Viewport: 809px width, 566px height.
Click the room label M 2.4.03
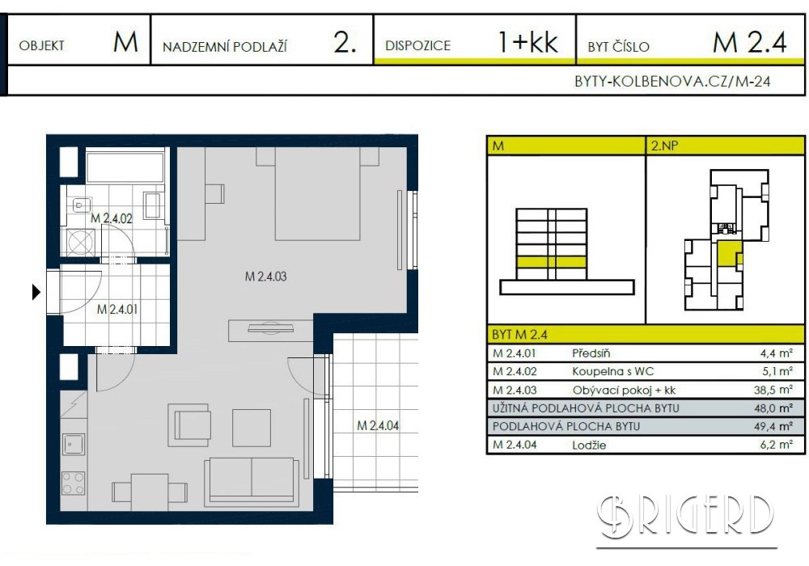tap(265, 277)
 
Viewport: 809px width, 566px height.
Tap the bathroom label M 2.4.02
tap(112, 218)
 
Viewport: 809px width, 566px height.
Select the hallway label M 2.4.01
tap(117, 310)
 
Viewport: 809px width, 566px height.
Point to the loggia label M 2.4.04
tap(378, 425)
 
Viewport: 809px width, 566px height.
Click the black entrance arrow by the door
tap(36, 292)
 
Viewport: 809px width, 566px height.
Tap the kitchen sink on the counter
tap(74, 444)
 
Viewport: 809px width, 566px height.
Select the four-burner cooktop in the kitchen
tap(74, 483)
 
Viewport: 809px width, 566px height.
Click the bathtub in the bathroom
tap(125, 167)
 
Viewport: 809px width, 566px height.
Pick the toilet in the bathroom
tap(81, 205)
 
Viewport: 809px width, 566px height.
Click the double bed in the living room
tap(317, 194)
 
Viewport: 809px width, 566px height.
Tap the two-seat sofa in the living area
tap(252, 482)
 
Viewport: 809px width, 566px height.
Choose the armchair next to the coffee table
tap(188, 425)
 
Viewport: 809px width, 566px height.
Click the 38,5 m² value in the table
tap(773, 390)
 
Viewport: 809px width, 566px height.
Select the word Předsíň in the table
tap(591, 353)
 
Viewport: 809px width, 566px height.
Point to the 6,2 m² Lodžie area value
tap(776, 445)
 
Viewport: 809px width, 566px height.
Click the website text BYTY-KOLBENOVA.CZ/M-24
tap(672, 82)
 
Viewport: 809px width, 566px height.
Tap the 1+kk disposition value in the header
tap(527, 42)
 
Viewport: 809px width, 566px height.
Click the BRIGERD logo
tap(686, 516)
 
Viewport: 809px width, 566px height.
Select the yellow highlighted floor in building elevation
tap(552, 262)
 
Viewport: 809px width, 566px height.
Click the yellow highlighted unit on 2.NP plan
tap(729, 254)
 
